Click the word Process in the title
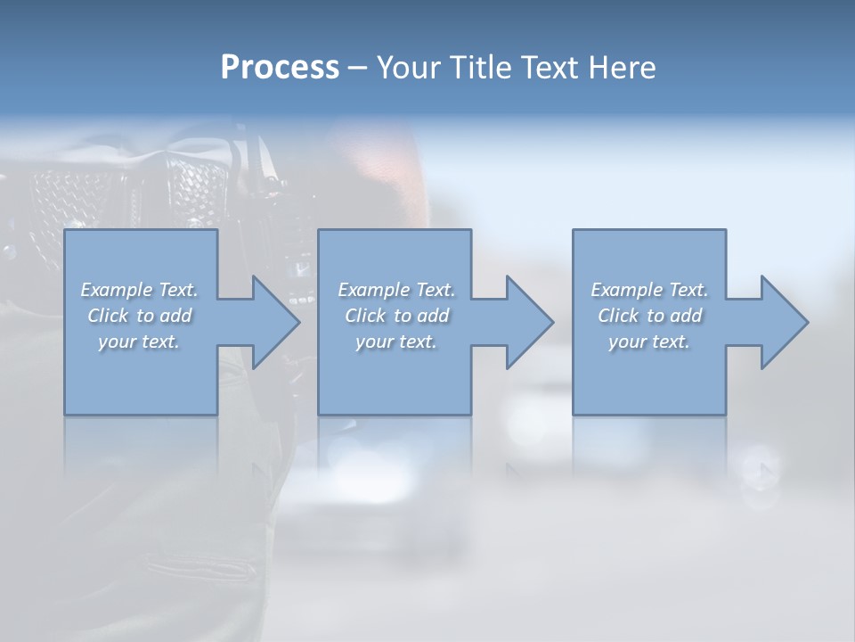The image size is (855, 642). click(x=280, y=68)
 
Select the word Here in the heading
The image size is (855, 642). click(x=623, y=68)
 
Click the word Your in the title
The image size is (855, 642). click(x=409, y=68)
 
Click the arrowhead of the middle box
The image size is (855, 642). click(x=528, y=322)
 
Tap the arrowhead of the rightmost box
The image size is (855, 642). click(x=783, y=322)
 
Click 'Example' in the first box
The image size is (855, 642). click(x=116, y=290)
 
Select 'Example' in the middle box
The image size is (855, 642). click(x=373, y=290)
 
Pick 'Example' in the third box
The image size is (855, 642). click(x=626, y=290)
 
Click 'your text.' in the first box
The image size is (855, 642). click(x=139, y=342)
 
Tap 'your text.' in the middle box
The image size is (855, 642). click(x=396, y=342)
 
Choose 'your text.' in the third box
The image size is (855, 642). click(x=649, y=342)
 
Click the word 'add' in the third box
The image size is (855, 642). click(x=688, y=316)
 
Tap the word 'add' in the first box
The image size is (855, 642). click(x=177, y=316)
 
